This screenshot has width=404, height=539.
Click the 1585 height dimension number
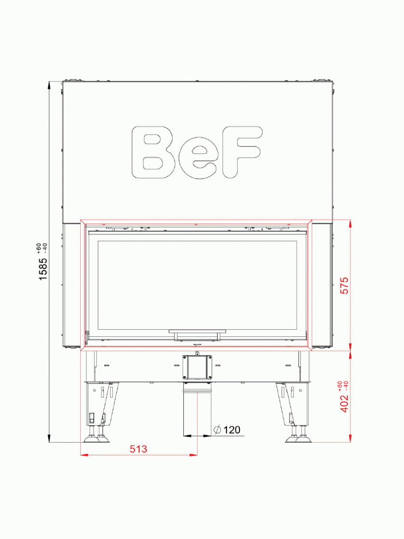[x=43, y=269]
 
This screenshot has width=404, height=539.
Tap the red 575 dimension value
[x=344, y=285]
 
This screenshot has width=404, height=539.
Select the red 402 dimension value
[x=344, y=403]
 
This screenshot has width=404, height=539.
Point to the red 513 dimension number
[x=138, y=449]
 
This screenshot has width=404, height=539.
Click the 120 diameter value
[x=231, y=430]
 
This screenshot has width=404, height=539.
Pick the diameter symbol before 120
[x=217, y=430]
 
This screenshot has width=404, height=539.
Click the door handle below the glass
[x=197, y=333]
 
